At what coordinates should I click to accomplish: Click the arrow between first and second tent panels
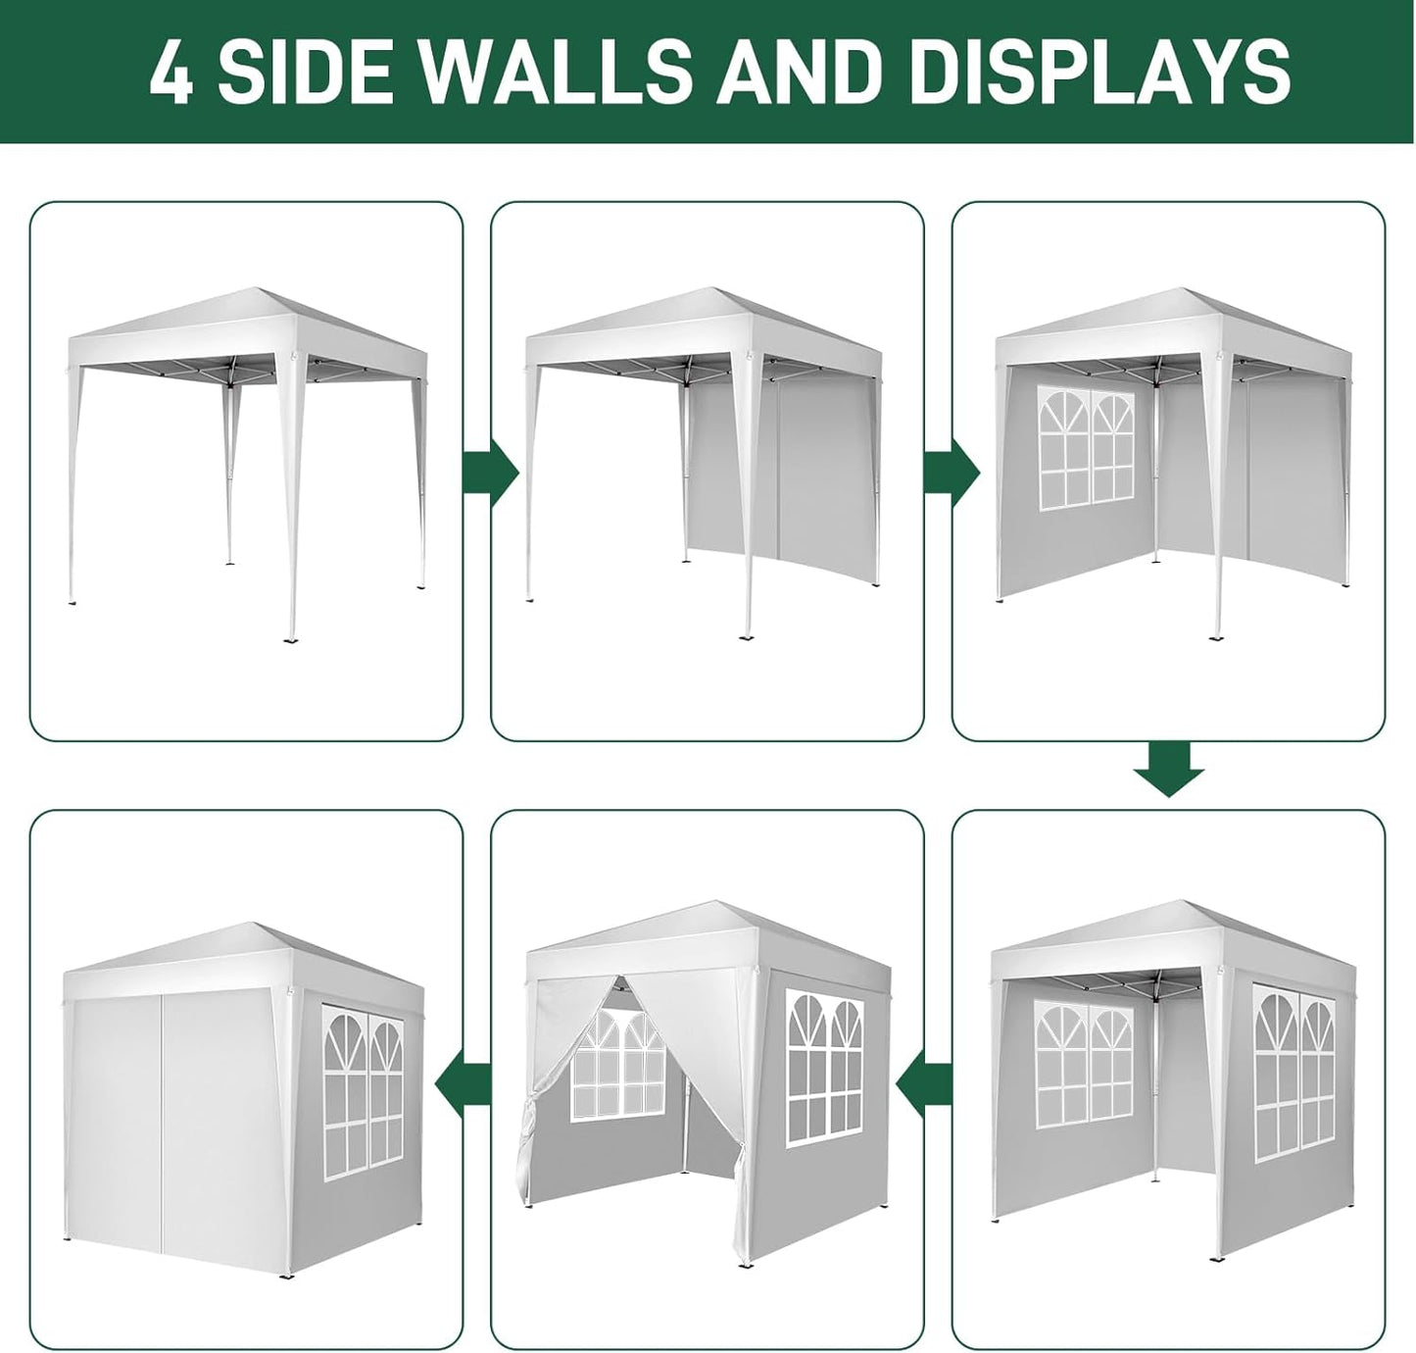pos(491,472)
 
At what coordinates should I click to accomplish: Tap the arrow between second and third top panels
pos(952,472)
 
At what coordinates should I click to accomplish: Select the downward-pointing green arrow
pos(1168,768)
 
